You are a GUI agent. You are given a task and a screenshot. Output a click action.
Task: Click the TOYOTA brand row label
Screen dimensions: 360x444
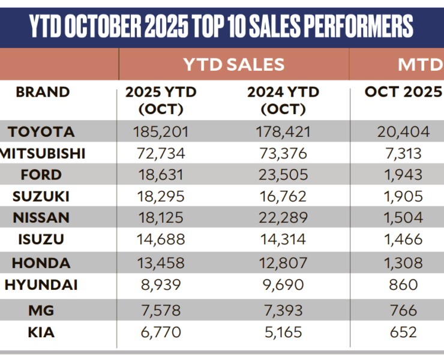click(x=41, y=131)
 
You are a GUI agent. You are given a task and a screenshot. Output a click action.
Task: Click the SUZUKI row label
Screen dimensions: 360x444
click(x=41, y=196)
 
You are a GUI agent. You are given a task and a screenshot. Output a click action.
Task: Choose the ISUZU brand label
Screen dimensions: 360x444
click(x=41, y=240)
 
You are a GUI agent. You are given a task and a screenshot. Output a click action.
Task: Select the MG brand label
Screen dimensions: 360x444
click(x=41, y=310)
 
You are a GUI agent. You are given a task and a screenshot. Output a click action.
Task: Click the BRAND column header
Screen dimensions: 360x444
click(x=43, y=92)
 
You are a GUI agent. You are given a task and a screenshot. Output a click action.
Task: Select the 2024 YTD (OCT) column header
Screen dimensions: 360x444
click(x=283, y=100)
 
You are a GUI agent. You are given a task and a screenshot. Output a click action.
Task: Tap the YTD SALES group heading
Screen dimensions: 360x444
click(x=234, y=64)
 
